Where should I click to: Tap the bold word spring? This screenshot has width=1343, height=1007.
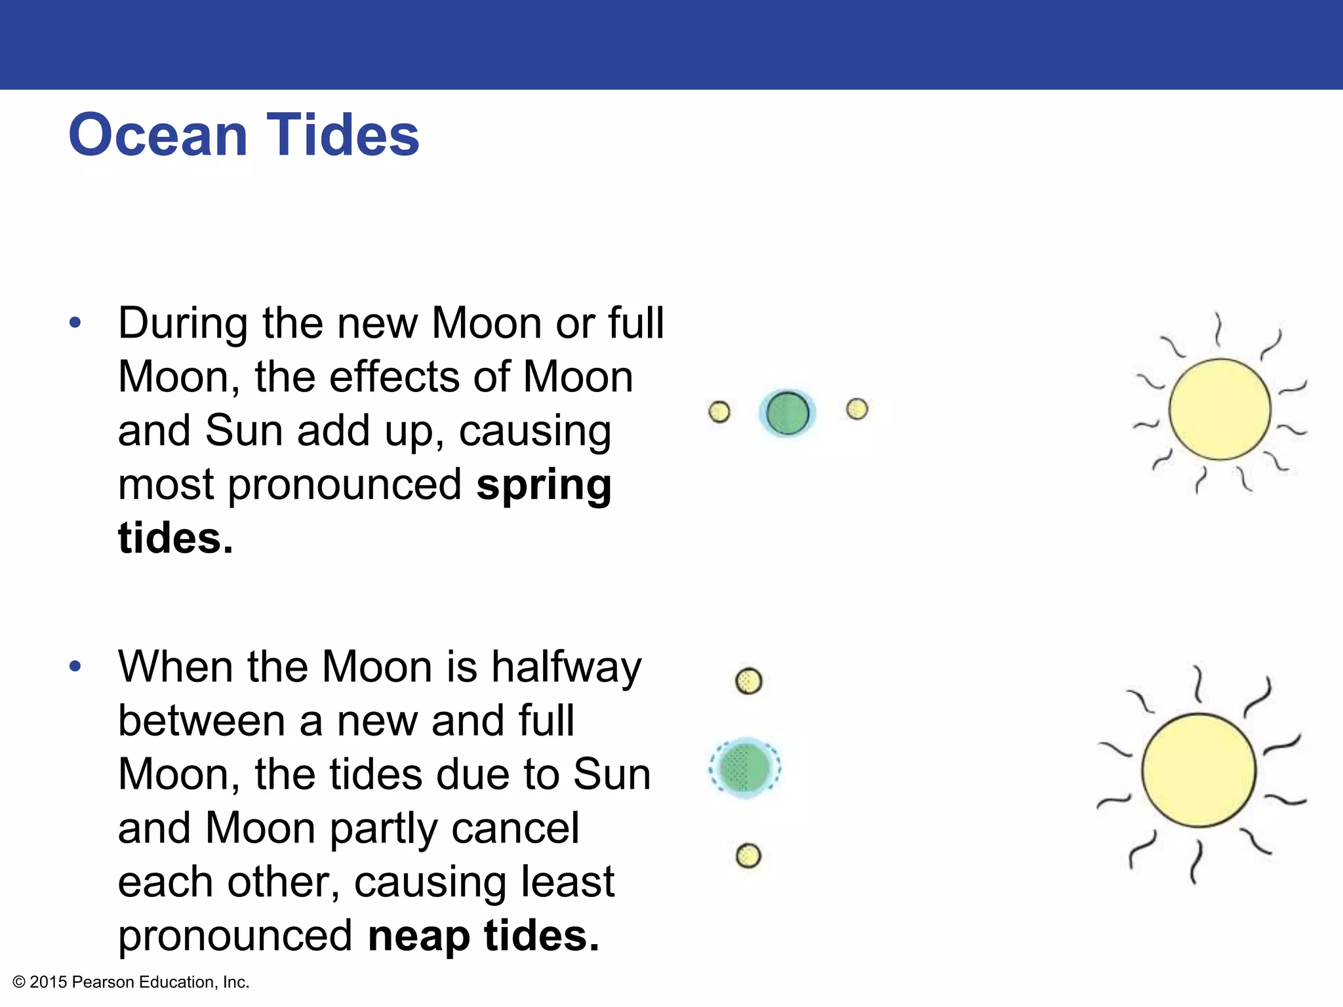click(544, 485)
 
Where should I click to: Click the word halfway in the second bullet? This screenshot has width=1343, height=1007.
click(567, 667)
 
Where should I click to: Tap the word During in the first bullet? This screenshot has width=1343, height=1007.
click(183, 323)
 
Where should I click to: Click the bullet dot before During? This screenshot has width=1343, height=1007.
click(75, 323)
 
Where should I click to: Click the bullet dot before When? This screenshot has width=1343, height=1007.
click(75, 666)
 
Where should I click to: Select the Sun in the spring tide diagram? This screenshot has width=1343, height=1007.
click(1220, 409)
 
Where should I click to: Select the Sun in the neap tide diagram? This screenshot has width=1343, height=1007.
click(1199, 770)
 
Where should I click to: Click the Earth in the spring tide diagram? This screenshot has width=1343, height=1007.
click(787, 413)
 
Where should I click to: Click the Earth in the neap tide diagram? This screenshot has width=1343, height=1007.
click(744, 768)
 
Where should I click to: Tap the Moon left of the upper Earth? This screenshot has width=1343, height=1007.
click(719, 412)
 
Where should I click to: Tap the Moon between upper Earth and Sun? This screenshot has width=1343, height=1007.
click(857, 409)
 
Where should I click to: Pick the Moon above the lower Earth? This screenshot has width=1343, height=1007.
click(749, 681)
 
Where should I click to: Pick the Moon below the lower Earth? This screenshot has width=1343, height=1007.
click(748, 856)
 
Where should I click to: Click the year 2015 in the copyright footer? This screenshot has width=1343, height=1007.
click(49, 982)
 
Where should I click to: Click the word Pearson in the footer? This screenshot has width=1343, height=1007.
click(103, 982)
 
